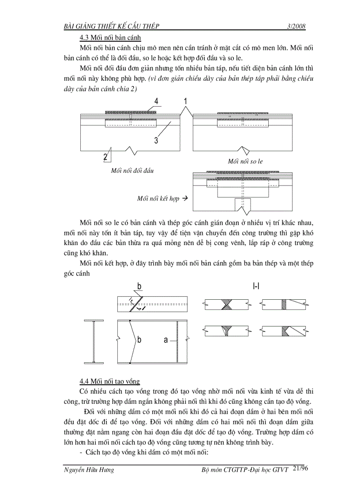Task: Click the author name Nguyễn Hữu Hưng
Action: point(89,470)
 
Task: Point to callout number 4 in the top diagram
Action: point(156,101)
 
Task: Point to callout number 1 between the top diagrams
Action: point(186,101)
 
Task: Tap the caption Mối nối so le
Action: point(245,161)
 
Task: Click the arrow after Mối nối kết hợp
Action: point(185,198)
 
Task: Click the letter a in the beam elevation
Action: point(166,340)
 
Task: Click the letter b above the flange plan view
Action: point(139,287)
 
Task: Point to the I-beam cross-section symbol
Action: point(94,342)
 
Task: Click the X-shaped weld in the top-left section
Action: point(226,304)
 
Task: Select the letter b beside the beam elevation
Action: point(139,340)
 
